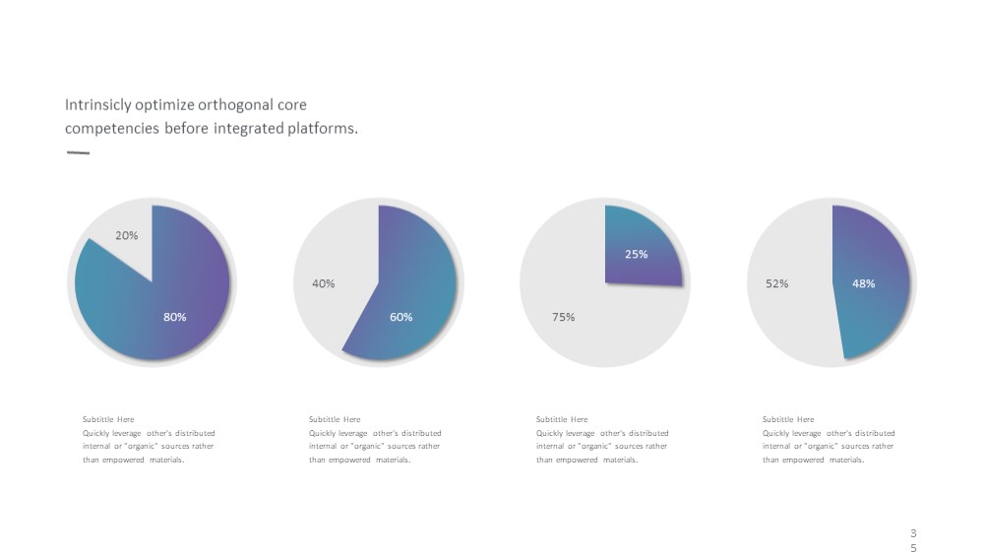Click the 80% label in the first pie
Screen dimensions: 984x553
point(174,317)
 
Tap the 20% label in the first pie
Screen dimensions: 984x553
point(126,235)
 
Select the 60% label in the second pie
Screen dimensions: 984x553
point(401,317)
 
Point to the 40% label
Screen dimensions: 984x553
point(323,283)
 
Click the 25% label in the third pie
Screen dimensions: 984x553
point(636,254)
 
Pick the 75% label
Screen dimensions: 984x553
point(563,317)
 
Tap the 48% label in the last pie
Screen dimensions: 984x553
point(863,283)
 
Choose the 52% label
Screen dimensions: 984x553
point(776,283)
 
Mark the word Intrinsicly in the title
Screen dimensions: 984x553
point(97,105)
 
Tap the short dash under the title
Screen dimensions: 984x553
point(78,152)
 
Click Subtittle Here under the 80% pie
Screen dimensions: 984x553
point(108,419)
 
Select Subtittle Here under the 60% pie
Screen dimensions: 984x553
point(335,419)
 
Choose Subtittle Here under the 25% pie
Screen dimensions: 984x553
point(562,419)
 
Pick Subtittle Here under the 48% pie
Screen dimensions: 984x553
point(788,419)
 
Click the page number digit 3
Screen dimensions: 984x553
point(913,533)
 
